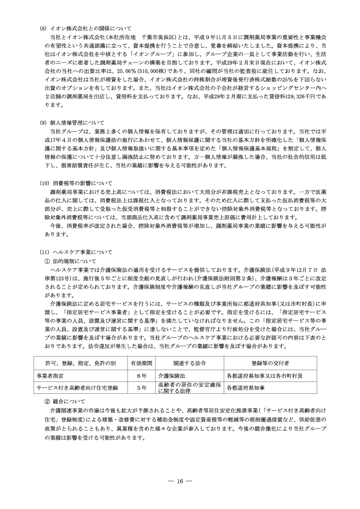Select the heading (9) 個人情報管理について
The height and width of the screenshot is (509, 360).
[72, 122]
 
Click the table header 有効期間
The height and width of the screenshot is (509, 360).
[141, 364]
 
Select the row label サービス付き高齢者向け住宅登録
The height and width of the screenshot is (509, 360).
[77, 388]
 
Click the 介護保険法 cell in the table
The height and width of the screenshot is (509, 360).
[171, 376]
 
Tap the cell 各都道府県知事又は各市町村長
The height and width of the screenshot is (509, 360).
[265, 376]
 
